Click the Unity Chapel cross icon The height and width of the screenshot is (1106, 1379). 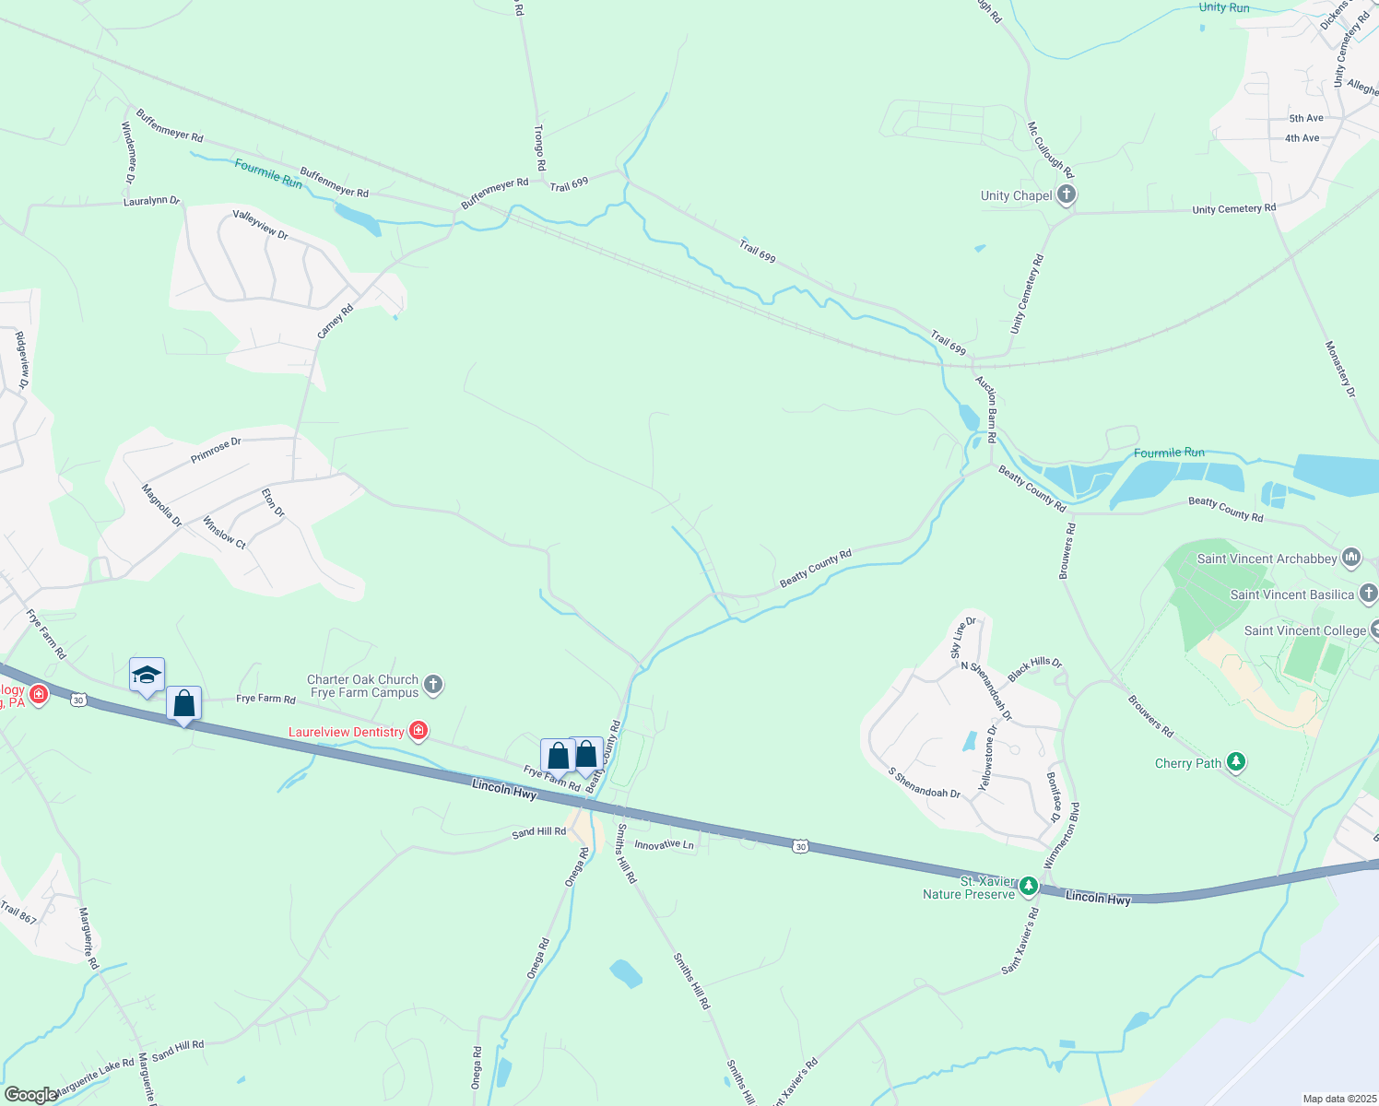pos(1067,194)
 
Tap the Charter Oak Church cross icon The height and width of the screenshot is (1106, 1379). pos(433,685)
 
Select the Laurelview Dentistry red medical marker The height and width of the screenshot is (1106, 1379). pos(418,731)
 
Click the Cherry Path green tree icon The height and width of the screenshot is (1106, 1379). pos(1236,762)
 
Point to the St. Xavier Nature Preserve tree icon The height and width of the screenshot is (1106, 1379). pos(1029,887)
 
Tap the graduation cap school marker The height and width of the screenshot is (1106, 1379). pos(147,676)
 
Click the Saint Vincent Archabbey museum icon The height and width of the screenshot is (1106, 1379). pos(1351,557)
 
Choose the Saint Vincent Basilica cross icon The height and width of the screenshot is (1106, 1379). pos(1369,594)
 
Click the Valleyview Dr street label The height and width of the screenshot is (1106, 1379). pos(260,225)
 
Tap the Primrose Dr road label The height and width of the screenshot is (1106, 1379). pos(216,450)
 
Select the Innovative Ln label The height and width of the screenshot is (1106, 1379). pos(664,844)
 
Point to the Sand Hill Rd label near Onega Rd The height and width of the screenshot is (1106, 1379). pos(538,831)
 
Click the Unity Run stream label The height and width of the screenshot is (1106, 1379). pos(1224,7)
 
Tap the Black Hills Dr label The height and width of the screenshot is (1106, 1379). pos(1034,668)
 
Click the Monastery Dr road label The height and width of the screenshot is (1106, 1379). pos(1340,369)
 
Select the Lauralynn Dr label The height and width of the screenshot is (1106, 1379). pos(151,201)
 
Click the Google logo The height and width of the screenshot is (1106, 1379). pos(30,1095)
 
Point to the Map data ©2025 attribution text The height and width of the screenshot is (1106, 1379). pos(1338,1099)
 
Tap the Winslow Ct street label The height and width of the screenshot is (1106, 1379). pos(224,533)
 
